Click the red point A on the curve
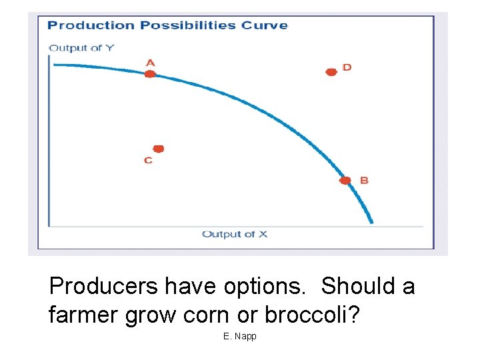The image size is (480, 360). click(x=150, y=74)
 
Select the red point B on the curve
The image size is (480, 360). click(x=345, y=181)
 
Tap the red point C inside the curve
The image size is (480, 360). click(x=159, y=149)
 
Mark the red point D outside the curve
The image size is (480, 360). click(x=331, y=71)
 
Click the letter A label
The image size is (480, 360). click(x=150, y=63)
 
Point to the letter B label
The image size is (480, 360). click(x=364, y=180)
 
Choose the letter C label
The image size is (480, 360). click(x=148, y=161)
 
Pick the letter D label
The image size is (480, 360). click(x=347, y=67)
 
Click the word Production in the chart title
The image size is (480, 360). click(x=91, y=26)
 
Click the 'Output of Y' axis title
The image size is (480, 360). click(x=81, y=47)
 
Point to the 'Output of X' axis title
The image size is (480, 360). click(x=235, y=234)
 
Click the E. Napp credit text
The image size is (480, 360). click(x=240, y=337)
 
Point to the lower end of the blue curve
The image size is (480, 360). click(x=371, y=222)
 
